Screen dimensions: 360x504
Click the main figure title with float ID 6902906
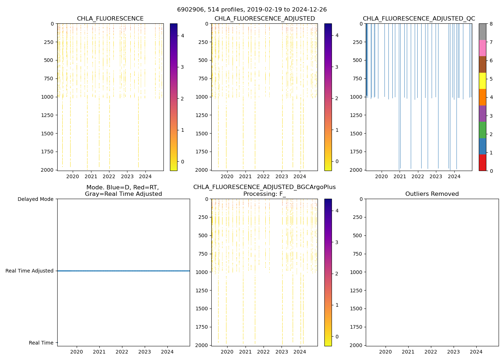252,10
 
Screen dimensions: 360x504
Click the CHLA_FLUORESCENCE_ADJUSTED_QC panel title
419,19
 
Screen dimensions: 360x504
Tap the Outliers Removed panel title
432,194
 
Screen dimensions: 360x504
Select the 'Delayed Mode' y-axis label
35,199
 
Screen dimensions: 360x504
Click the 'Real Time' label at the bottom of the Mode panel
41,343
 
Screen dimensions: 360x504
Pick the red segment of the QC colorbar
482,162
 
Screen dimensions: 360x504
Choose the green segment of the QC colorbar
482,130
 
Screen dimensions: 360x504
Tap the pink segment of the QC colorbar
482,48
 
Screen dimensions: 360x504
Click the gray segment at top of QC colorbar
482,32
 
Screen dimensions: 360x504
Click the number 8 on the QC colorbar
491,24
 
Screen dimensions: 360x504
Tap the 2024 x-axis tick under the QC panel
454,176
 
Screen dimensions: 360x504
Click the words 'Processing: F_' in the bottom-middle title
265,194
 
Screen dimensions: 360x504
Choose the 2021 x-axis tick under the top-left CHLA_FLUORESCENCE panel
91,176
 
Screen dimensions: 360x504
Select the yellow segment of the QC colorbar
482,81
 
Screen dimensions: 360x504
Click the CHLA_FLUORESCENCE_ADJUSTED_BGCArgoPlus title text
265,187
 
